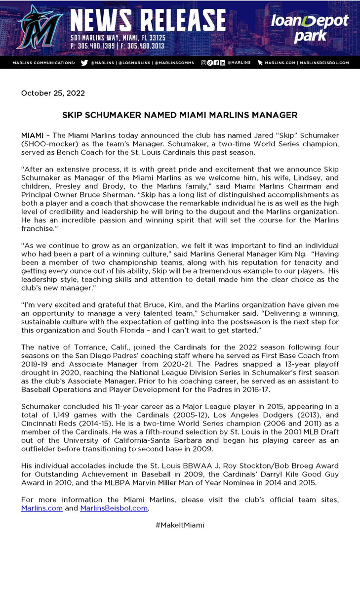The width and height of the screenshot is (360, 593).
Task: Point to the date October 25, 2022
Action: coord(53,93)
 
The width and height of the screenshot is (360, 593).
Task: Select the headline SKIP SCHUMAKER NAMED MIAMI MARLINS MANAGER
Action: coord(180,115)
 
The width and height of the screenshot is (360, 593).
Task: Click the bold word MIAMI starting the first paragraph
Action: coord(32,135)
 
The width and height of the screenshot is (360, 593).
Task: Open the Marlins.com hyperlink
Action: coord(42,508)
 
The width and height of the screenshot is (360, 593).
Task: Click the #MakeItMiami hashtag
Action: coord(180,525)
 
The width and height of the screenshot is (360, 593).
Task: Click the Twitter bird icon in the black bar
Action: coord(84,63)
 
